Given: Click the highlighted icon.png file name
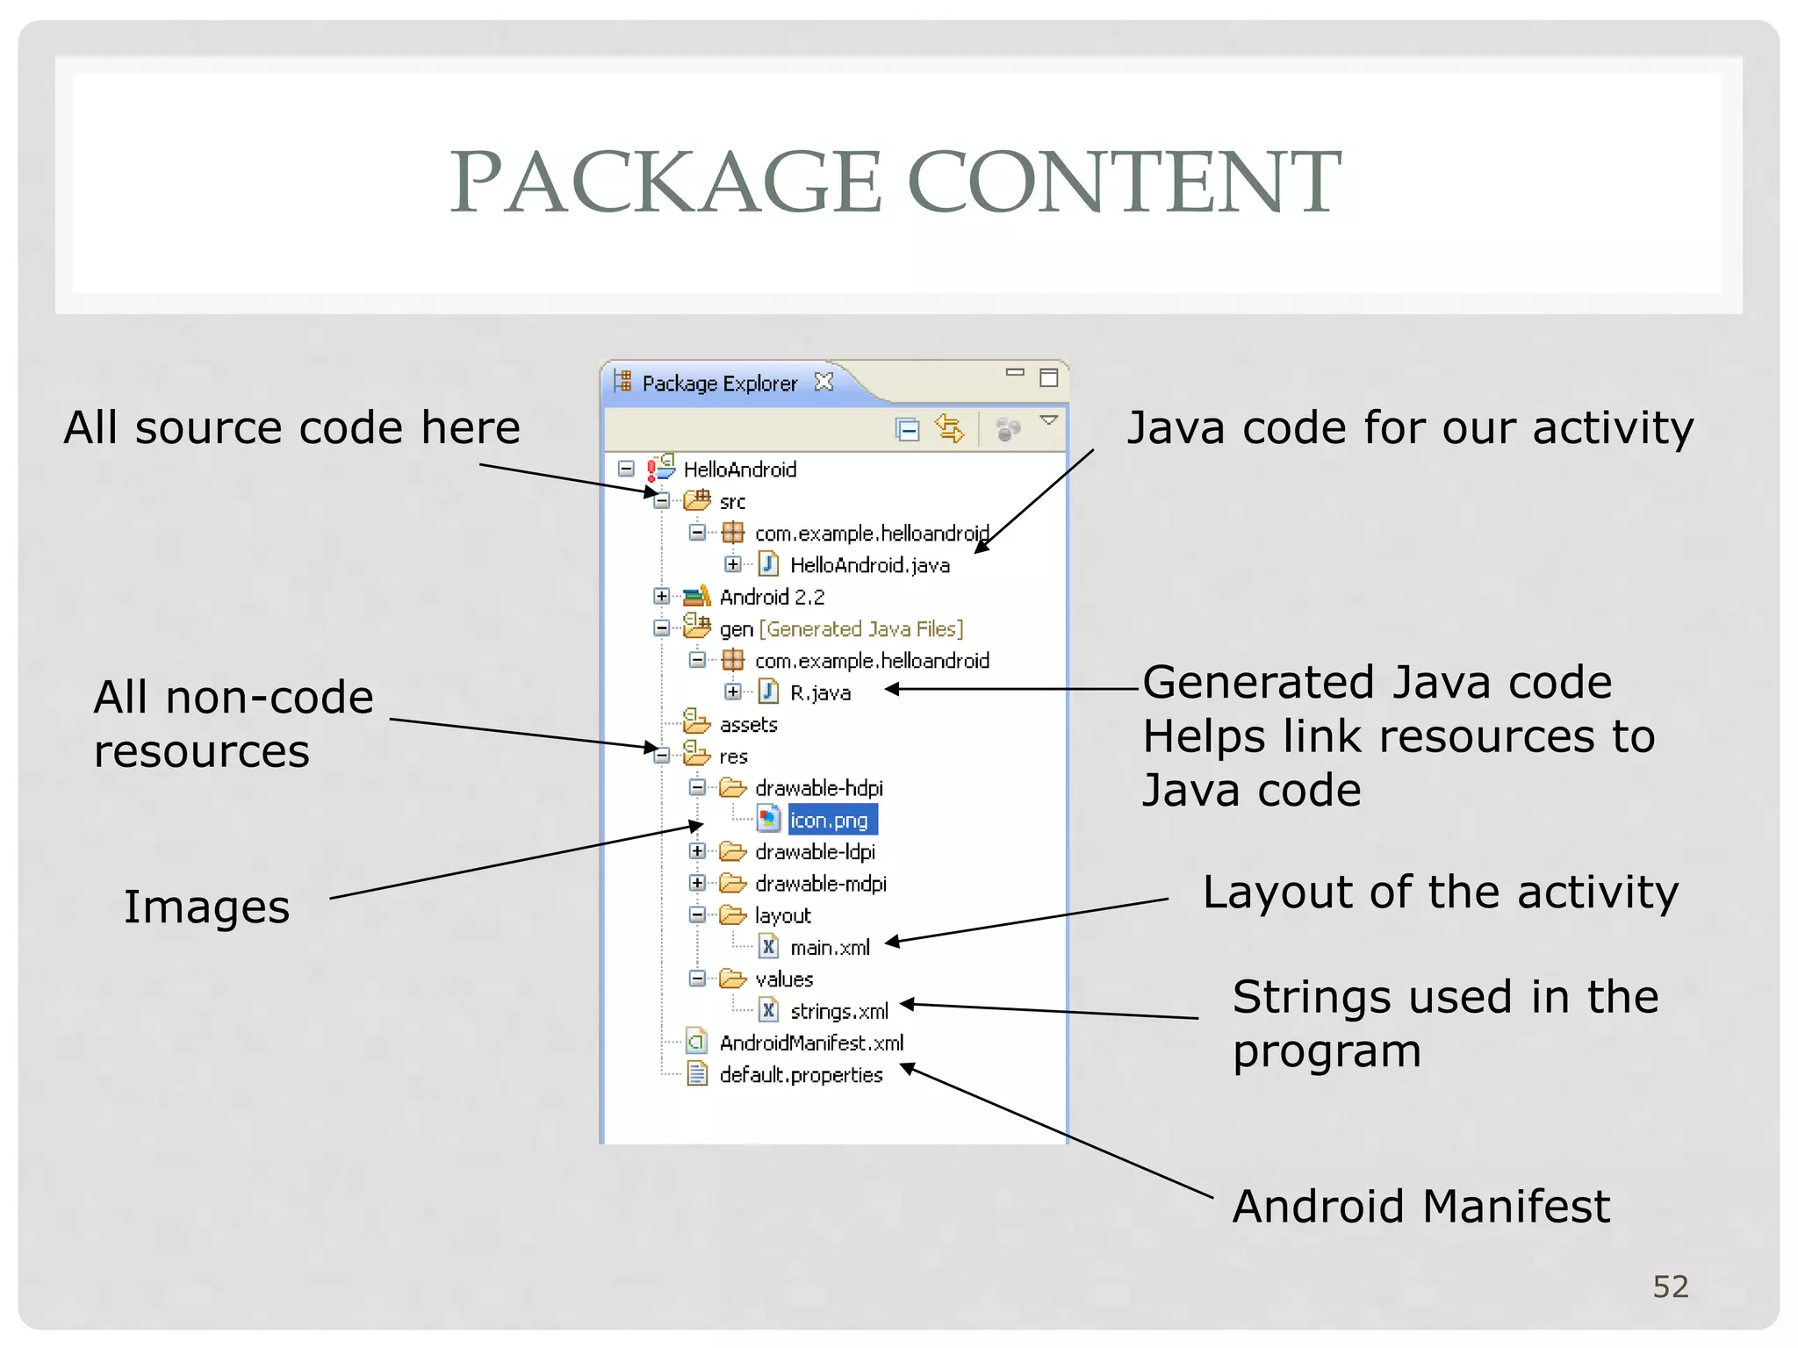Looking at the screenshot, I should tap(831, 820).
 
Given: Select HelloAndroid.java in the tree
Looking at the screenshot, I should tap(869, 565).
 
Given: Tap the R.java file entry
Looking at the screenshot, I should tap(820, 692).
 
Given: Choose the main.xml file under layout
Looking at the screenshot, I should tap(830, 948).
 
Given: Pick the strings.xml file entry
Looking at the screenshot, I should tap(838, 1011).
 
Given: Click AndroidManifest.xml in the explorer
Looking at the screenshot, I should tap(811, 1043).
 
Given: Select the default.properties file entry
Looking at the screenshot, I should tap(801, 1075).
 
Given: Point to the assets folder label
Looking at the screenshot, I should tap(748, 725).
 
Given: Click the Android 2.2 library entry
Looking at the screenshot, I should tap(772, 598).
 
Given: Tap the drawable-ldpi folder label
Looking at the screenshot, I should tap(815, 852).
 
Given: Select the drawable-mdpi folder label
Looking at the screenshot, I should tap(820, 884).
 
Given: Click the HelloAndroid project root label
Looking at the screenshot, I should tap(739, 470).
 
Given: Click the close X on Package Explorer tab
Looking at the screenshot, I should tap(823, 382).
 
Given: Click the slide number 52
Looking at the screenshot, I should tap(1670, 1287).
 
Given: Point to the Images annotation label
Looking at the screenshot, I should tap(206, 907).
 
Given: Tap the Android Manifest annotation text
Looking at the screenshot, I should tap(1420, 1206).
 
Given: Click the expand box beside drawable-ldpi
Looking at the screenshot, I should tap(697, 851).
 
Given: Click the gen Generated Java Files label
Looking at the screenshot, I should tap(841, 629).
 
